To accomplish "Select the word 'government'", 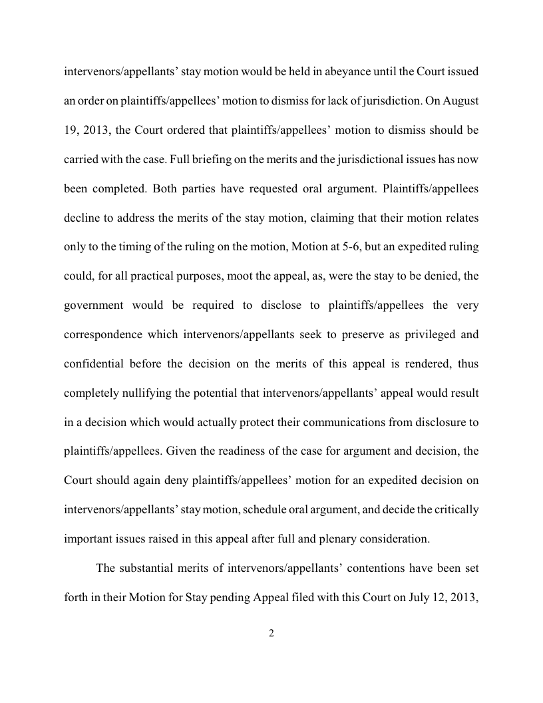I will (94, 305).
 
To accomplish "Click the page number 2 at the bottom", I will (271, 633).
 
